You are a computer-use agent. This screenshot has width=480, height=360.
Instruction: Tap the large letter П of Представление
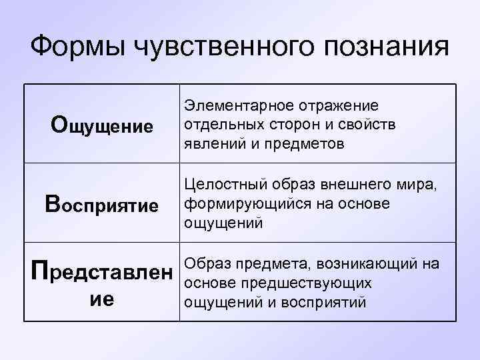click(x=41, y=272)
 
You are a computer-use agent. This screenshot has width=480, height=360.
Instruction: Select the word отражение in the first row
click(x=339, y=106)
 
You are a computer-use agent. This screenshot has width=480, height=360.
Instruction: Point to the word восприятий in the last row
click(x=327, y=301)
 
